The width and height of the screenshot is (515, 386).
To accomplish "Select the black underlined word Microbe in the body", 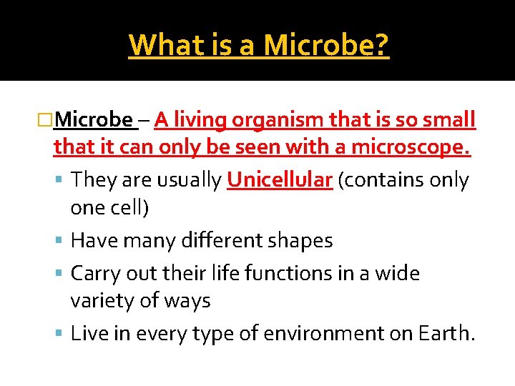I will pos(94,119).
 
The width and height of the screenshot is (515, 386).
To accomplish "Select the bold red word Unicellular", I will pos(280,180).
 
